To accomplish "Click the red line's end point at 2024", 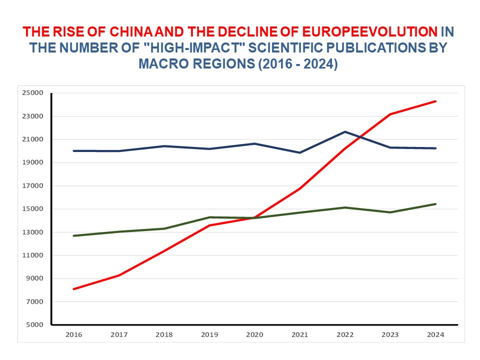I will point(435,101).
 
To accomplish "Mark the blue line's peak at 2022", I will point(345,132).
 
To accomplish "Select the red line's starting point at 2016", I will point(74,289).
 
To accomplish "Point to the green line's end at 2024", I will point(435,204).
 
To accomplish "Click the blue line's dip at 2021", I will point(300,152).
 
